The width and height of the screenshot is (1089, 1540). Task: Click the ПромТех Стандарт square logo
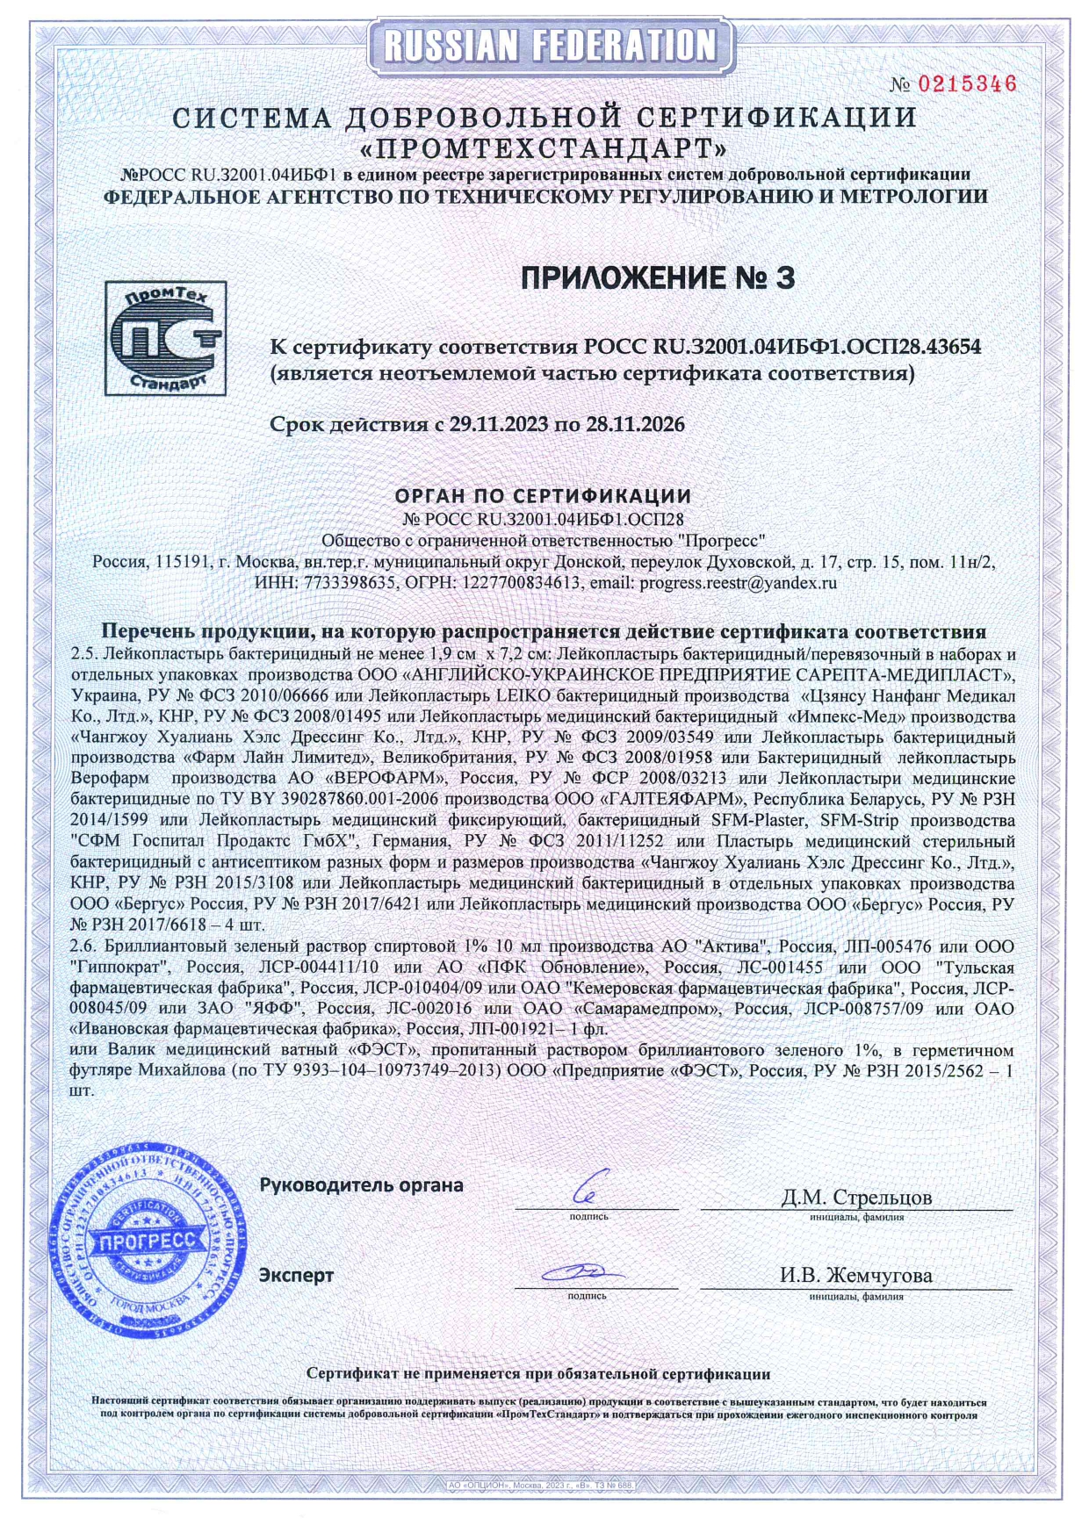(x=165, y=338)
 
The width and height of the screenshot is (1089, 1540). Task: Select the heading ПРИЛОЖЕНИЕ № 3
(x=658, y=278)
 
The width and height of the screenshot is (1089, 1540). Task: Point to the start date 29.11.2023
(x=497, y=425)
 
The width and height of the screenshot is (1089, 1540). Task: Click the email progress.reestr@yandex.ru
(x=738, y=582)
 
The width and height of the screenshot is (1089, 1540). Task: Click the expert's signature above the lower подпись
(x=584, y=1273)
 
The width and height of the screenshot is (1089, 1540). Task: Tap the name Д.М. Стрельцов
(x=856, y=1197)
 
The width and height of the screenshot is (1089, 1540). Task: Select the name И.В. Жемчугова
(x=856, y=1275)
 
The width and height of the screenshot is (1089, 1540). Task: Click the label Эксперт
(x=296, y=1275)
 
